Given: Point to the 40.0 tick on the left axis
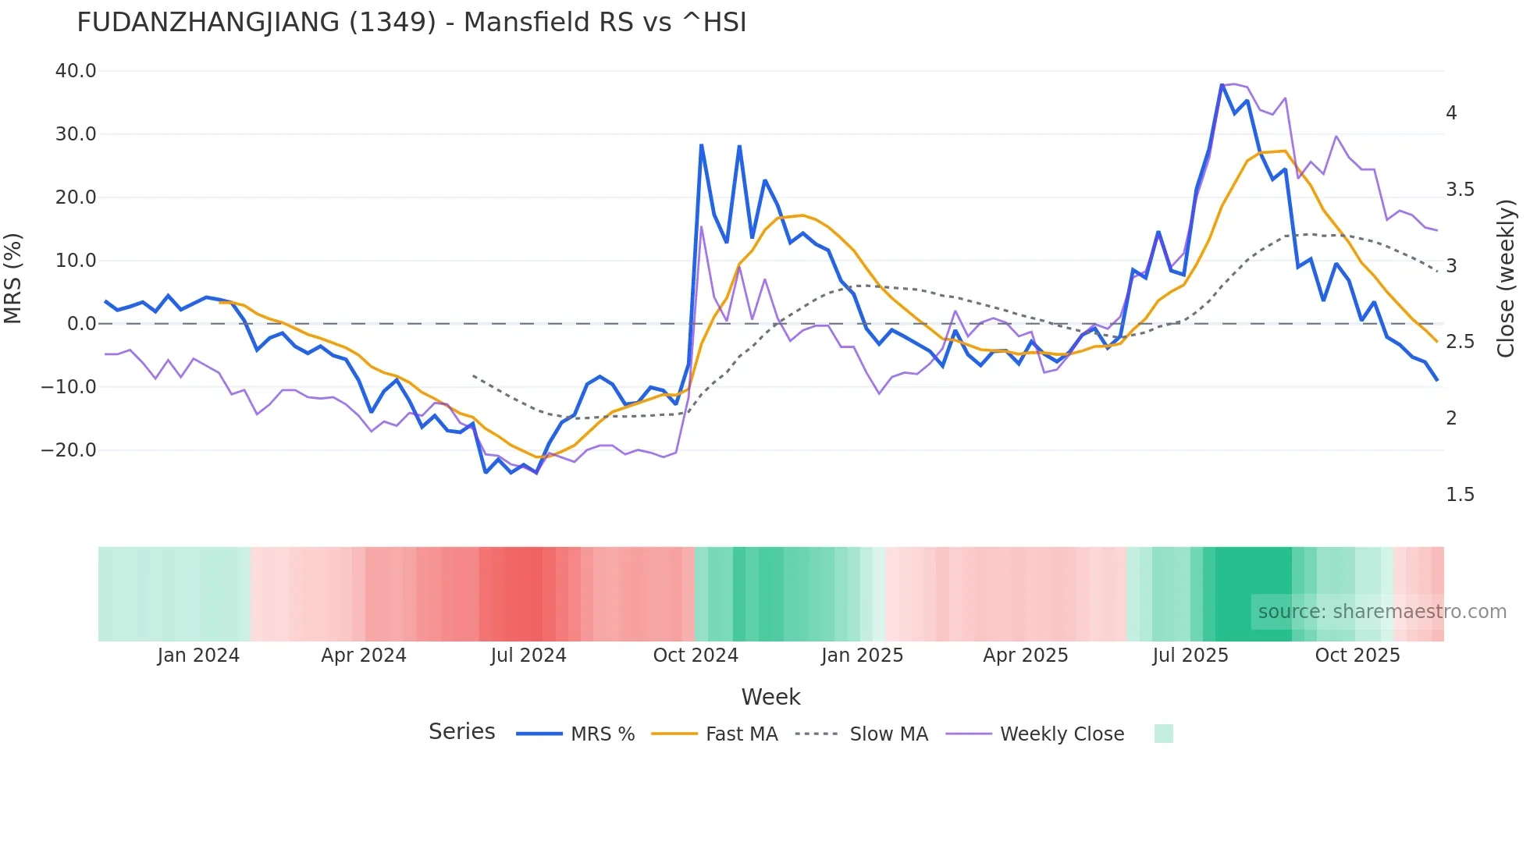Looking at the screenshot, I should (x=76, y=71).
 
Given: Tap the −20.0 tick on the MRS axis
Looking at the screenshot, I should (x=69, y=450).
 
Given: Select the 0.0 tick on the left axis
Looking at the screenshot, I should (x=81, y=324).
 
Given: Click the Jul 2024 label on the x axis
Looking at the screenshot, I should (x=528, y=656).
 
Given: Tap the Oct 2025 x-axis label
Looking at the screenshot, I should (x=1357, y=656).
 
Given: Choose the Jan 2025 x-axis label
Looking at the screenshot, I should (x=862, y=656).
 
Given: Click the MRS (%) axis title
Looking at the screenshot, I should (x=13, y=278).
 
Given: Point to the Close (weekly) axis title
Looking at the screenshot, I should (x=1506, y=278).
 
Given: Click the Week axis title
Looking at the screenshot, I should (x=770, y=697).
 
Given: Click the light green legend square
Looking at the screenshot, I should (x=1163, y=734).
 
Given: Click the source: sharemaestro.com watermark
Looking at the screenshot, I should (x=1382, y=612).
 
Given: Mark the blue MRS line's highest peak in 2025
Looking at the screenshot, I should (x=1222, y=85).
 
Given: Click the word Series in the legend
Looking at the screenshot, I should (x=461, y=732).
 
